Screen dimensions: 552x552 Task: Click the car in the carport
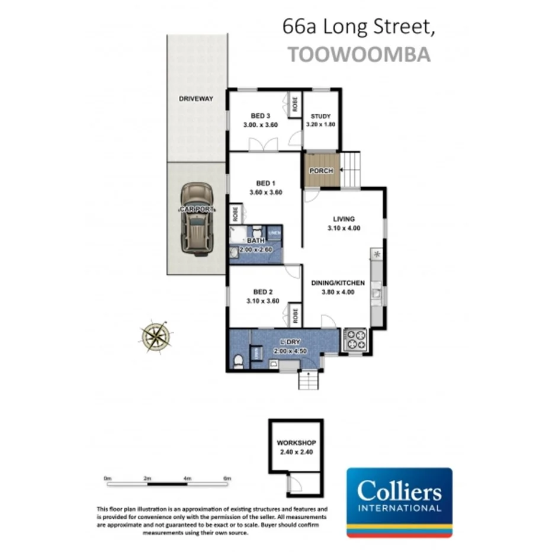pyautogui.click(x=197, y=219)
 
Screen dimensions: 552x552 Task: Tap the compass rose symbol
pyautogui.click(x=156, y=337)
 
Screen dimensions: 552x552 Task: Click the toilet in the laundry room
pyautogui.click(x=238, y=361)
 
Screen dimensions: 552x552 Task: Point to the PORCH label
pyautogui.click(x=320, y=171)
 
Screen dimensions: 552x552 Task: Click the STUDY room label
pyautogui.click(x=320, y=116)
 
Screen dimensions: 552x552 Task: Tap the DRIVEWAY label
pyautogui.click(x=195, y=98)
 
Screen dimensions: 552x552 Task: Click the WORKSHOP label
pyautogui.click(x=296, y=442)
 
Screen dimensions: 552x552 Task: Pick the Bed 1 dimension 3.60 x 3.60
pyautogui.click(x=265, y=192)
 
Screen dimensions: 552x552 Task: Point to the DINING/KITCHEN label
pyautogui.click(x=338, y=283)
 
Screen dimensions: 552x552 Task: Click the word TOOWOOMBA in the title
pyautogui.click(x=358, y=54)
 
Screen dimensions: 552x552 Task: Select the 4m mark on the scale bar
pyautogui.click(x=187, y=478)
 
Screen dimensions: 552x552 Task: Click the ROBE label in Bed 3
pyautogui.click(x=294, y=103)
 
